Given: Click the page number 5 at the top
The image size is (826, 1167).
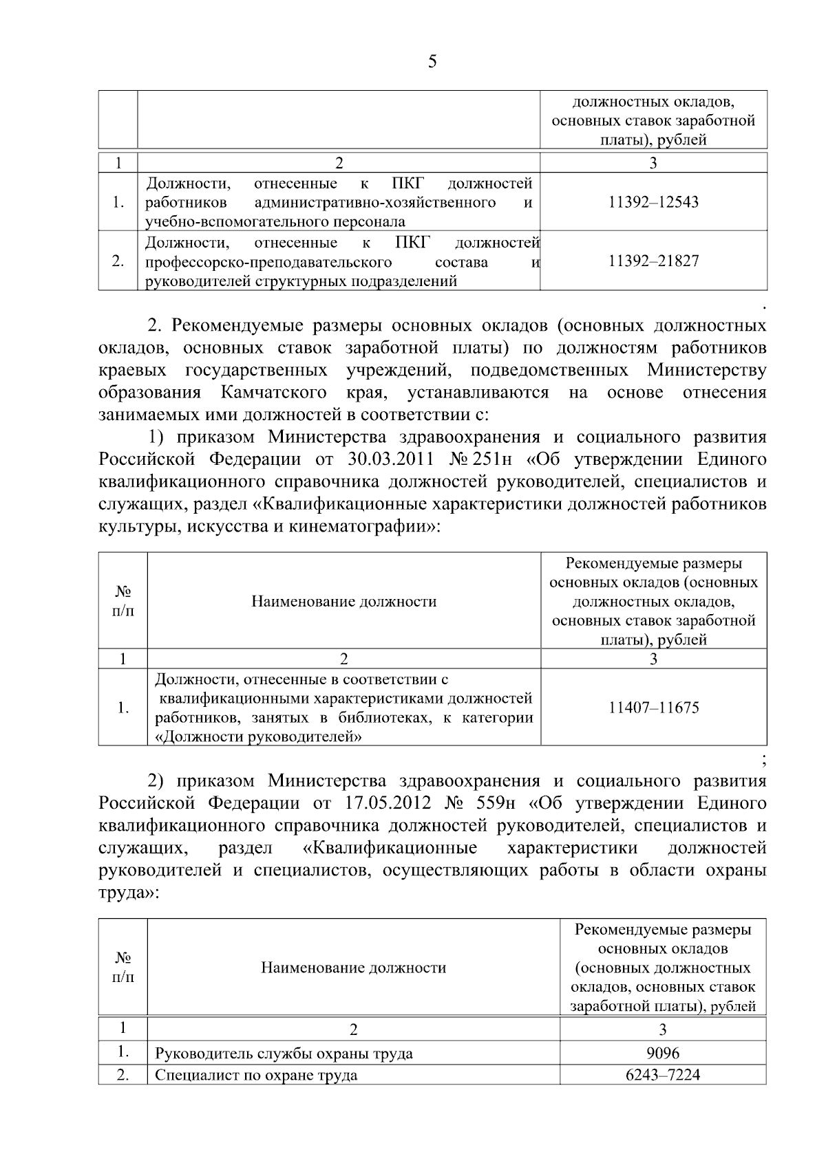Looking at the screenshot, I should pyautogui.click(x=432, y=63).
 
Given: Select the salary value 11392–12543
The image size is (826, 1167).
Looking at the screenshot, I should pyautogui.click(x=653, y=202).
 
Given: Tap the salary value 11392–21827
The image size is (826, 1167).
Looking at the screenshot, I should pyautogui.click(x=653, y=261).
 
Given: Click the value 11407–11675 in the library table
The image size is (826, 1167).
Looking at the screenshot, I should pyautogui.click(x=653, y=708).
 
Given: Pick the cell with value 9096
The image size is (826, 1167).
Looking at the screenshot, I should pyautogui.click(x=663, y=1053).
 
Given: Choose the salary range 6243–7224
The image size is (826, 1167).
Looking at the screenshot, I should pyautogui.click(x=663, y=1074).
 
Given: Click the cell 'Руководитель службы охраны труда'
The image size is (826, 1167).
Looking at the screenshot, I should pyautogui.click(x=284, y=1054).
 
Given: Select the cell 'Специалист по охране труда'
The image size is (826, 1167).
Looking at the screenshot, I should pyautogui.click(x=256, y=1075).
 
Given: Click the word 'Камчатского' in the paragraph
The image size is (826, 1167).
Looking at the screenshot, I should pyautogui.click(x=274, y=393).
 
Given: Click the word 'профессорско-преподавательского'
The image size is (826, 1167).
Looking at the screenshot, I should pyautogui.click(x=269, y=262).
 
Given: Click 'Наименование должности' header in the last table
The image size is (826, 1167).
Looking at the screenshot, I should pyautogui.click(x=353, y=968).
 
